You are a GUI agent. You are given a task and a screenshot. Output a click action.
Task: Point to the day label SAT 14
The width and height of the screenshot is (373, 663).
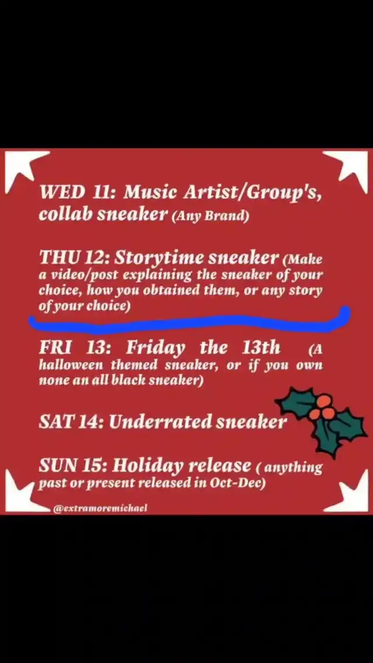[72, 421]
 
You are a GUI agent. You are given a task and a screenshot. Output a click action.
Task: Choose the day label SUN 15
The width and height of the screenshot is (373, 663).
[73, 465]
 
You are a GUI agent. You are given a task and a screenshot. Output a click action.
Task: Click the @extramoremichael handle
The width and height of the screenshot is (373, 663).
[100, 509]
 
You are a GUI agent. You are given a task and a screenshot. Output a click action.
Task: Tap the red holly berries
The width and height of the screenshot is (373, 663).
[324, 407]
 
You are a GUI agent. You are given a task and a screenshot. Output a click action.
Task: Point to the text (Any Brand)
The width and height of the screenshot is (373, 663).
[210, 217]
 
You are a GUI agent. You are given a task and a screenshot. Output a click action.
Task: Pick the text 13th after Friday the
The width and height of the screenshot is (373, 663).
[261, 348]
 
